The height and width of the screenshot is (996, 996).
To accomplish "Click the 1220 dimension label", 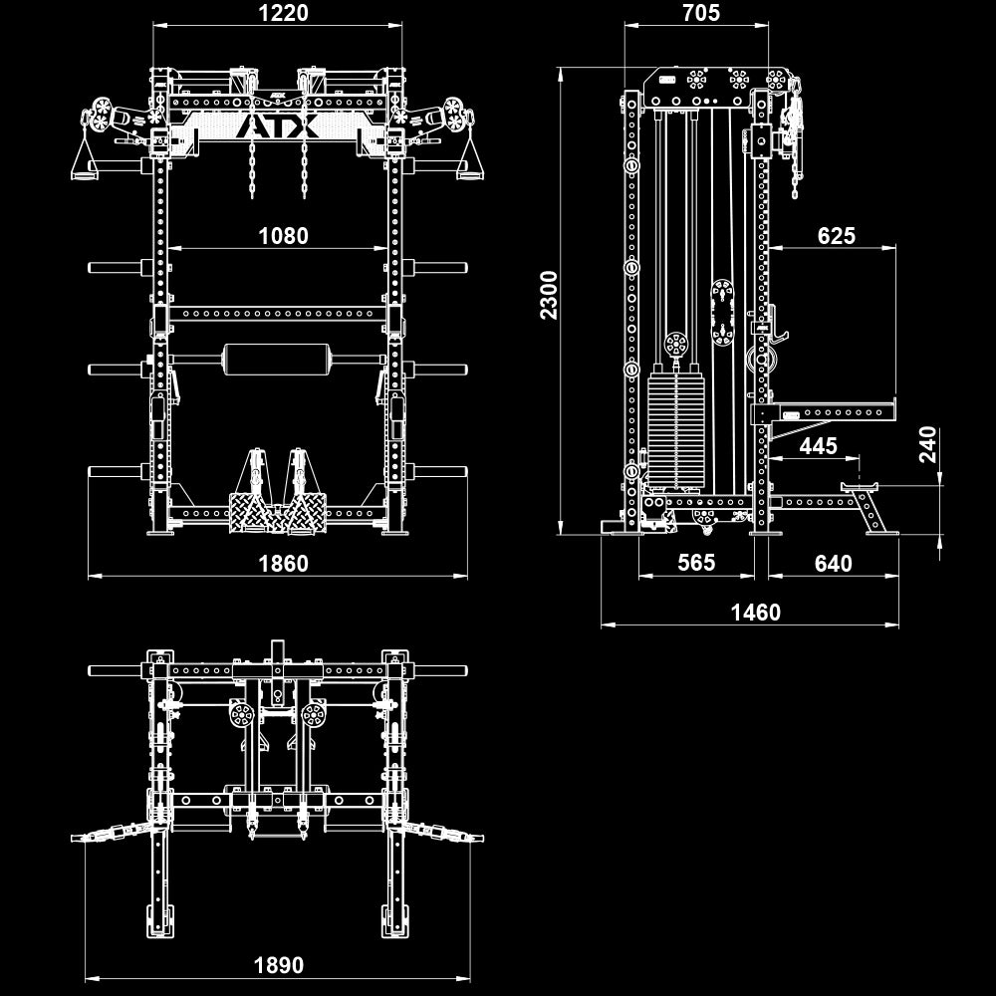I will point(284,13).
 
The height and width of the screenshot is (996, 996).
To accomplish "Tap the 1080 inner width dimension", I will point(284,236).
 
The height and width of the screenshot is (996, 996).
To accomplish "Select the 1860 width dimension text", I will point(284,564).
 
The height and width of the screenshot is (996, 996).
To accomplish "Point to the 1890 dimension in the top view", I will point(279,965).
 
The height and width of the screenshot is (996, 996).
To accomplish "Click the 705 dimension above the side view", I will point(701,13).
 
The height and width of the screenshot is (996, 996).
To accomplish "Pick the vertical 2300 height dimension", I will point(549,295).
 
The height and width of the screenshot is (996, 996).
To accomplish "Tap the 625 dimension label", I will point(836,236).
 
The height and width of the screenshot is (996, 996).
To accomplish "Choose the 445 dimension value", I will point(819,446).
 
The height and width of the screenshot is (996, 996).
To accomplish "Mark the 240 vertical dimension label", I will point(928,446).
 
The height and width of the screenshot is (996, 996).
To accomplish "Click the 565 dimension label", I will point(696,563).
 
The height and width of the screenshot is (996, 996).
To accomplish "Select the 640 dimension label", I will point(833,564).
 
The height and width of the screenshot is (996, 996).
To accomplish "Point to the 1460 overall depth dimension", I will point(755,613).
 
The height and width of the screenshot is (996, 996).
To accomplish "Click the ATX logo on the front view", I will point(278,126).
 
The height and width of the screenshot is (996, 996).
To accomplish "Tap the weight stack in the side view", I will point(674,428).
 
